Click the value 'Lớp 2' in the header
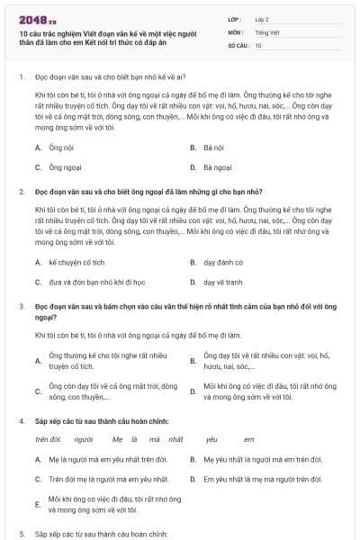263,18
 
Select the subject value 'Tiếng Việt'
267,31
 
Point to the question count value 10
258,45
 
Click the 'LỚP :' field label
236,18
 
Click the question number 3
21,306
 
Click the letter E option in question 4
37,503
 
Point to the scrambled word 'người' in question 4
84,438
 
